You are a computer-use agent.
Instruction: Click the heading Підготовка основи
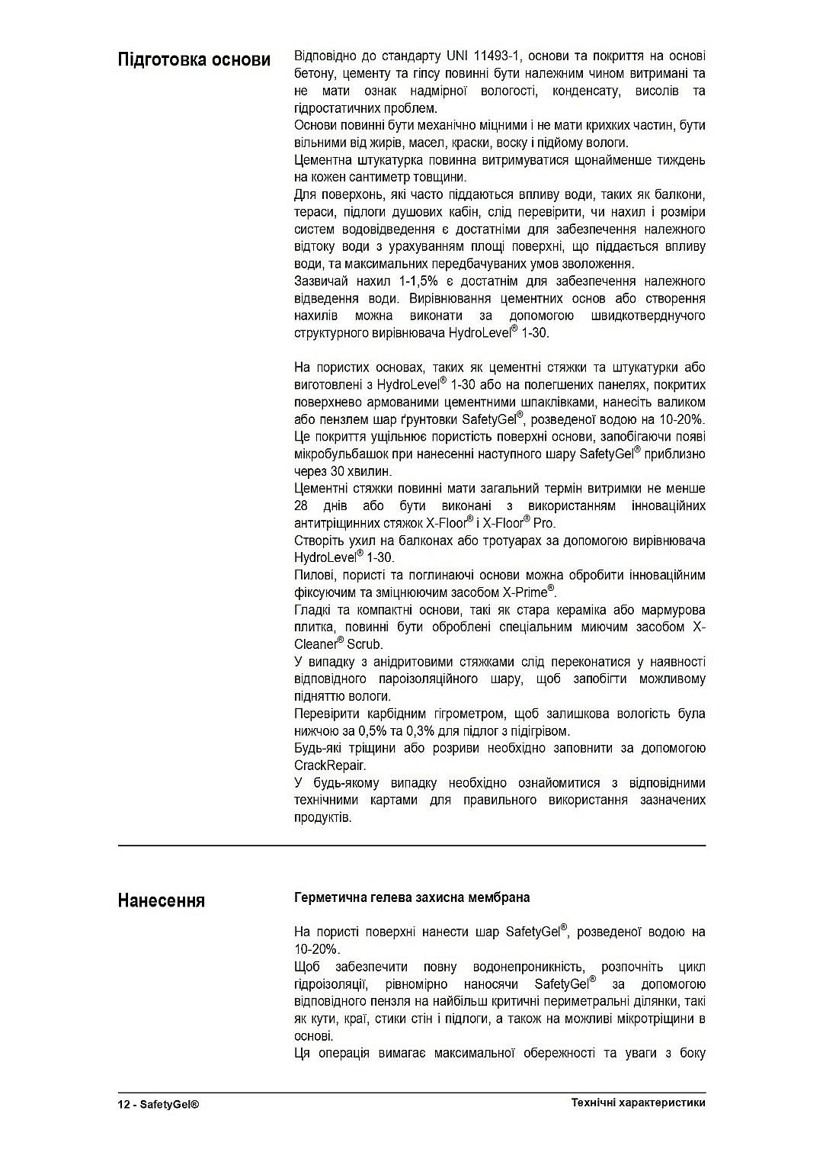coord(194,59)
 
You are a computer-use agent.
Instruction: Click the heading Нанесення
coord(161,900)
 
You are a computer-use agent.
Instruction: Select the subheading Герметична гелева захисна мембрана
coord(411,897)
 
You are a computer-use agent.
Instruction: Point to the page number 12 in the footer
coord(124,1103)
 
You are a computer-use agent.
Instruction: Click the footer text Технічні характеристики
coord(638,1102)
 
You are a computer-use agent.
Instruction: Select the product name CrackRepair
coord(329,765)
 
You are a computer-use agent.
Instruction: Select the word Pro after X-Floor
coord(544,524)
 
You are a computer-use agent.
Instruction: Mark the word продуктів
coord(322,817)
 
